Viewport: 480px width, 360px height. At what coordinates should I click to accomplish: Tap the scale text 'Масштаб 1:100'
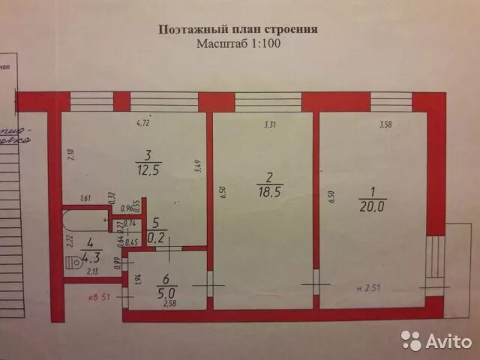pos(238,43)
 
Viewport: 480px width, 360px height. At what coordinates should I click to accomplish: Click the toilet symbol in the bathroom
pos(74,262)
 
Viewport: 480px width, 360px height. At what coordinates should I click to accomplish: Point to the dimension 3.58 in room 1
pos(385,124)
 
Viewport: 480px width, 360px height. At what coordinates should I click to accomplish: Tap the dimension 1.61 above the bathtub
pos(85,199)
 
